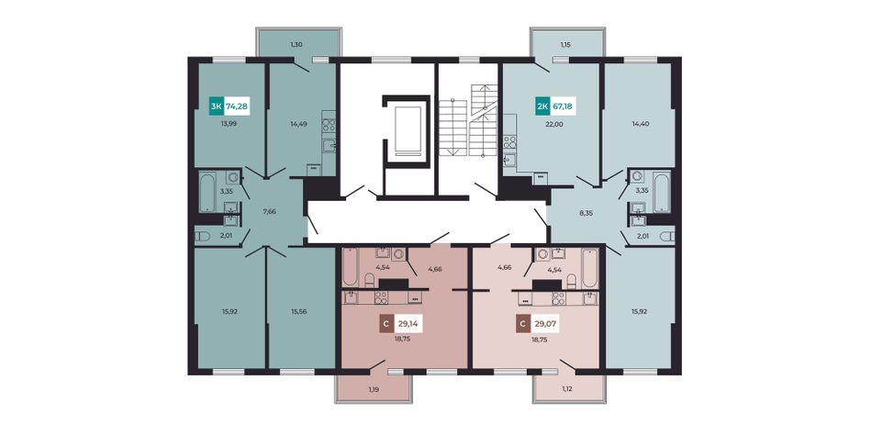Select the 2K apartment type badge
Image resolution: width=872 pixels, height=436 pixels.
click(542, 106)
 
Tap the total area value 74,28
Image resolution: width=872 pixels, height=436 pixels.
click(237, 106)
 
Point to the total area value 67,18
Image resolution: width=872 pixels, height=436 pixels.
click(564, 106)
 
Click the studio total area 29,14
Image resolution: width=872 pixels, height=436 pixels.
click(408, 323)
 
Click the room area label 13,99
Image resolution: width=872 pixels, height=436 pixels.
click(229, 124)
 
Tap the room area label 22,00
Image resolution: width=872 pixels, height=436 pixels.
click(555, 124)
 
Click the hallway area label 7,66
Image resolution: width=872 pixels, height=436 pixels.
click(269, 212)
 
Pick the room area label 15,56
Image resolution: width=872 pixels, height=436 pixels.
click(298, 311)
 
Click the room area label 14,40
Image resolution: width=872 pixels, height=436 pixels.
click(636, 124)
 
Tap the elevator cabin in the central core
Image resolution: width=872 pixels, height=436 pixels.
click(407, 129)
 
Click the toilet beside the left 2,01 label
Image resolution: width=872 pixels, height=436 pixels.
click(203, 236)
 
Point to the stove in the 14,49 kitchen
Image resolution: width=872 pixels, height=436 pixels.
click(328, 125)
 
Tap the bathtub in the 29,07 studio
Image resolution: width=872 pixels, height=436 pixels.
click(589, 267)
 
